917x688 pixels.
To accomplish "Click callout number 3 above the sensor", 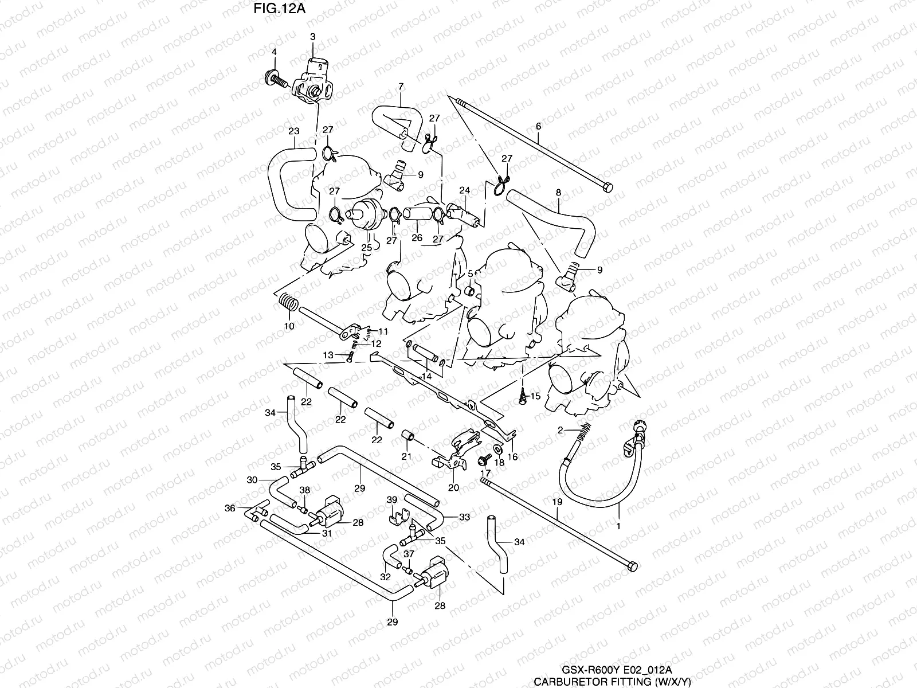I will (x=312, y=37).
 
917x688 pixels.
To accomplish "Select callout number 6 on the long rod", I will (x=538, y=125).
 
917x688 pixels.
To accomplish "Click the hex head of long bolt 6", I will (x=607, y=187).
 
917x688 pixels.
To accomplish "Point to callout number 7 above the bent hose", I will (x=401, y=87).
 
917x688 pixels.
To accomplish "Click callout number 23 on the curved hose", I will (x=293, y=131).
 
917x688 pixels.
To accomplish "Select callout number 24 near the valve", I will (x=464, y=190).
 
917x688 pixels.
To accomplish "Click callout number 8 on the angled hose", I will (x=558, y=194).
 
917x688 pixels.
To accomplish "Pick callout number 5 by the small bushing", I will (x=469, y=275).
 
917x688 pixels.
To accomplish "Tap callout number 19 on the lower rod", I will (x=558, y=501).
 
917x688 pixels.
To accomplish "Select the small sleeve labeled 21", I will (x=407, y=437).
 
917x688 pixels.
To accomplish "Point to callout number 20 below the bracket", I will (x=453, y=488).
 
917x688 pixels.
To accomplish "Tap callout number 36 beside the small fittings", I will (x=230, y=508).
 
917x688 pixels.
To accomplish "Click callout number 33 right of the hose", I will (x=465, y=517).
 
